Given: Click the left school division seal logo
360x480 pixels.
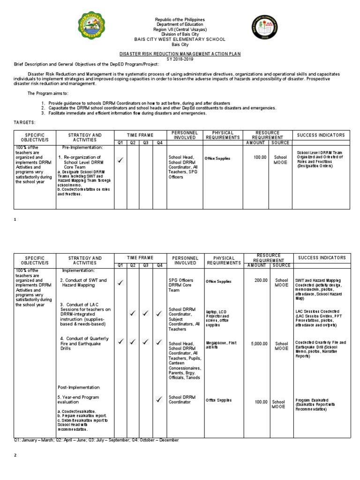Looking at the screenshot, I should (94, 32).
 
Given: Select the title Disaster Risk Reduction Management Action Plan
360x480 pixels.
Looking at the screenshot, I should (180, 54).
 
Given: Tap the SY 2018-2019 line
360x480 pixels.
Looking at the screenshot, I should (180, 59).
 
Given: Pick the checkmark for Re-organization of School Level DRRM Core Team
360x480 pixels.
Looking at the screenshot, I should (120, 160).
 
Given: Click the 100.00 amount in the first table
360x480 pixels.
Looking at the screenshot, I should (260, 158).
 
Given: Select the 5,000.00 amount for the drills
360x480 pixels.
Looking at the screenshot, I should (259, 344).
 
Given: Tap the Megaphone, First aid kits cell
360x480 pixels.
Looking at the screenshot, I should (221, 345).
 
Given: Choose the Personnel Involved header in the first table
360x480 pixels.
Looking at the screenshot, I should (185, 135).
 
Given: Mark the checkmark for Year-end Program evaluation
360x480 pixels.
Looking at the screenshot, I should (159, 399).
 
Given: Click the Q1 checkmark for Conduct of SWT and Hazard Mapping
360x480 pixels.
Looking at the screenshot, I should (120, 283).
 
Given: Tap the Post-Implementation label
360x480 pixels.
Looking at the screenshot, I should (79, 387).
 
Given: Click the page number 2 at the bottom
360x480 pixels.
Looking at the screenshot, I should (15, 455).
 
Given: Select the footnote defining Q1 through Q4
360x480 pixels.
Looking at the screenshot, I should (96, 440).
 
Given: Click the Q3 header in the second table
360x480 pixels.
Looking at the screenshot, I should (146, 265).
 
